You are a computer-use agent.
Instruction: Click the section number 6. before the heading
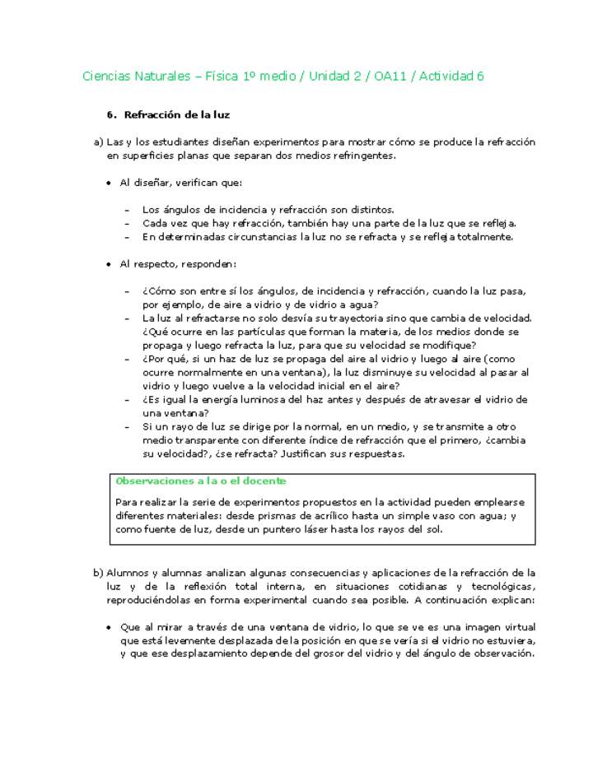tap(113, 114)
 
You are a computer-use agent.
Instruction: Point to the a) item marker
tap(98, 142)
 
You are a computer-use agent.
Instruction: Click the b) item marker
tap(98, 573)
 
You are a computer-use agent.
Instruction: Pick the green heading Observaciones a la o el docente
tap(201, 481)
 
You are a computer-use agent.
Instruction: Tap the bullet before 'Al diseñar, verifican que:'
tap(109, 183)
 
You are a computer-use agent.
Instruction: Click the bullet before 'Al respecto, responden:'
tap(109, 264)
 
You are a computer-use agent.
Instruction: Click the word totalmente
tap(487, 237)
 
